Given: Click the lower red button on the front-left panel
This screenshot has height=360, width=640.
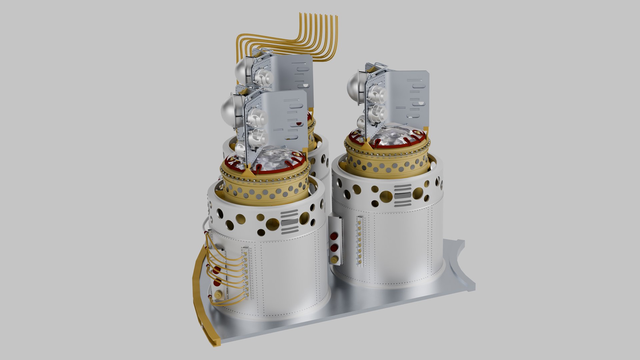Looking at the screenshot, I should (x=217, y=281).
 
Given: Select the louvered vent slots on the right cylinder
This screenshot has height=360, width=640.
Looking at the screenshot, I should (x=403, y=195).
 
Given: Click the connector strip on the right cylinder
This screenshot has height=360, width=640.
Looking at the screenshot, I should (x=360, y=241).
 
